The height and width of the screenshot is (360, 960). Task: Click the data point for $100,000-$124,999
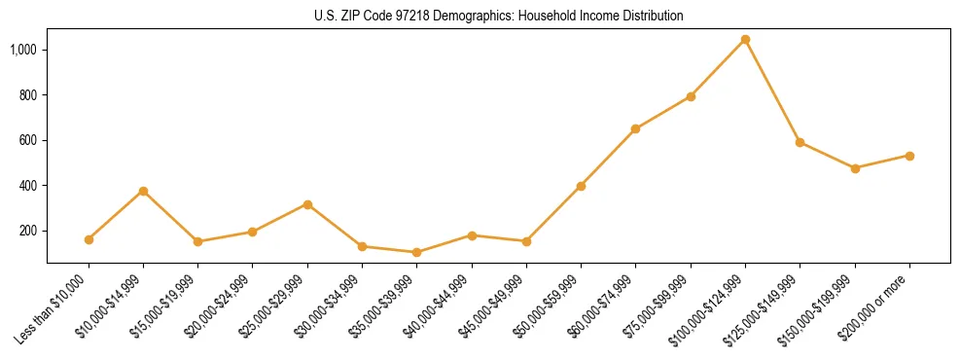(745, 40)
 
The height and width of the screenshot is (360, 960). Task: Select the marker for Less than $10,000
(89, 239)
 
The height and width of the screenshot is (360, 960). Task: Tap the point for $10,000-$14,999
(143, 191)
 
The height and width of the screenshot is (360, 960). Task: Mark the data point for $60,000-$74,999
(635, 128)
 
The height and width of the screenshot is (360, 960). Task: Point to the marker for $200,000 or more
(909, 156)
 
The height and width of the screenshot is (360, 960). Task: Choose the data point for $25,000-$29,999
(307, 204)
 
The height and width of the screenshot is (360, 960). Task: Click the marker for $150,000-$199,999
(855, 168)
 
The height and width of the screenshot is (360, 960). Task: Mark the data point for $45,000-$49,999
(526, 241)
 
